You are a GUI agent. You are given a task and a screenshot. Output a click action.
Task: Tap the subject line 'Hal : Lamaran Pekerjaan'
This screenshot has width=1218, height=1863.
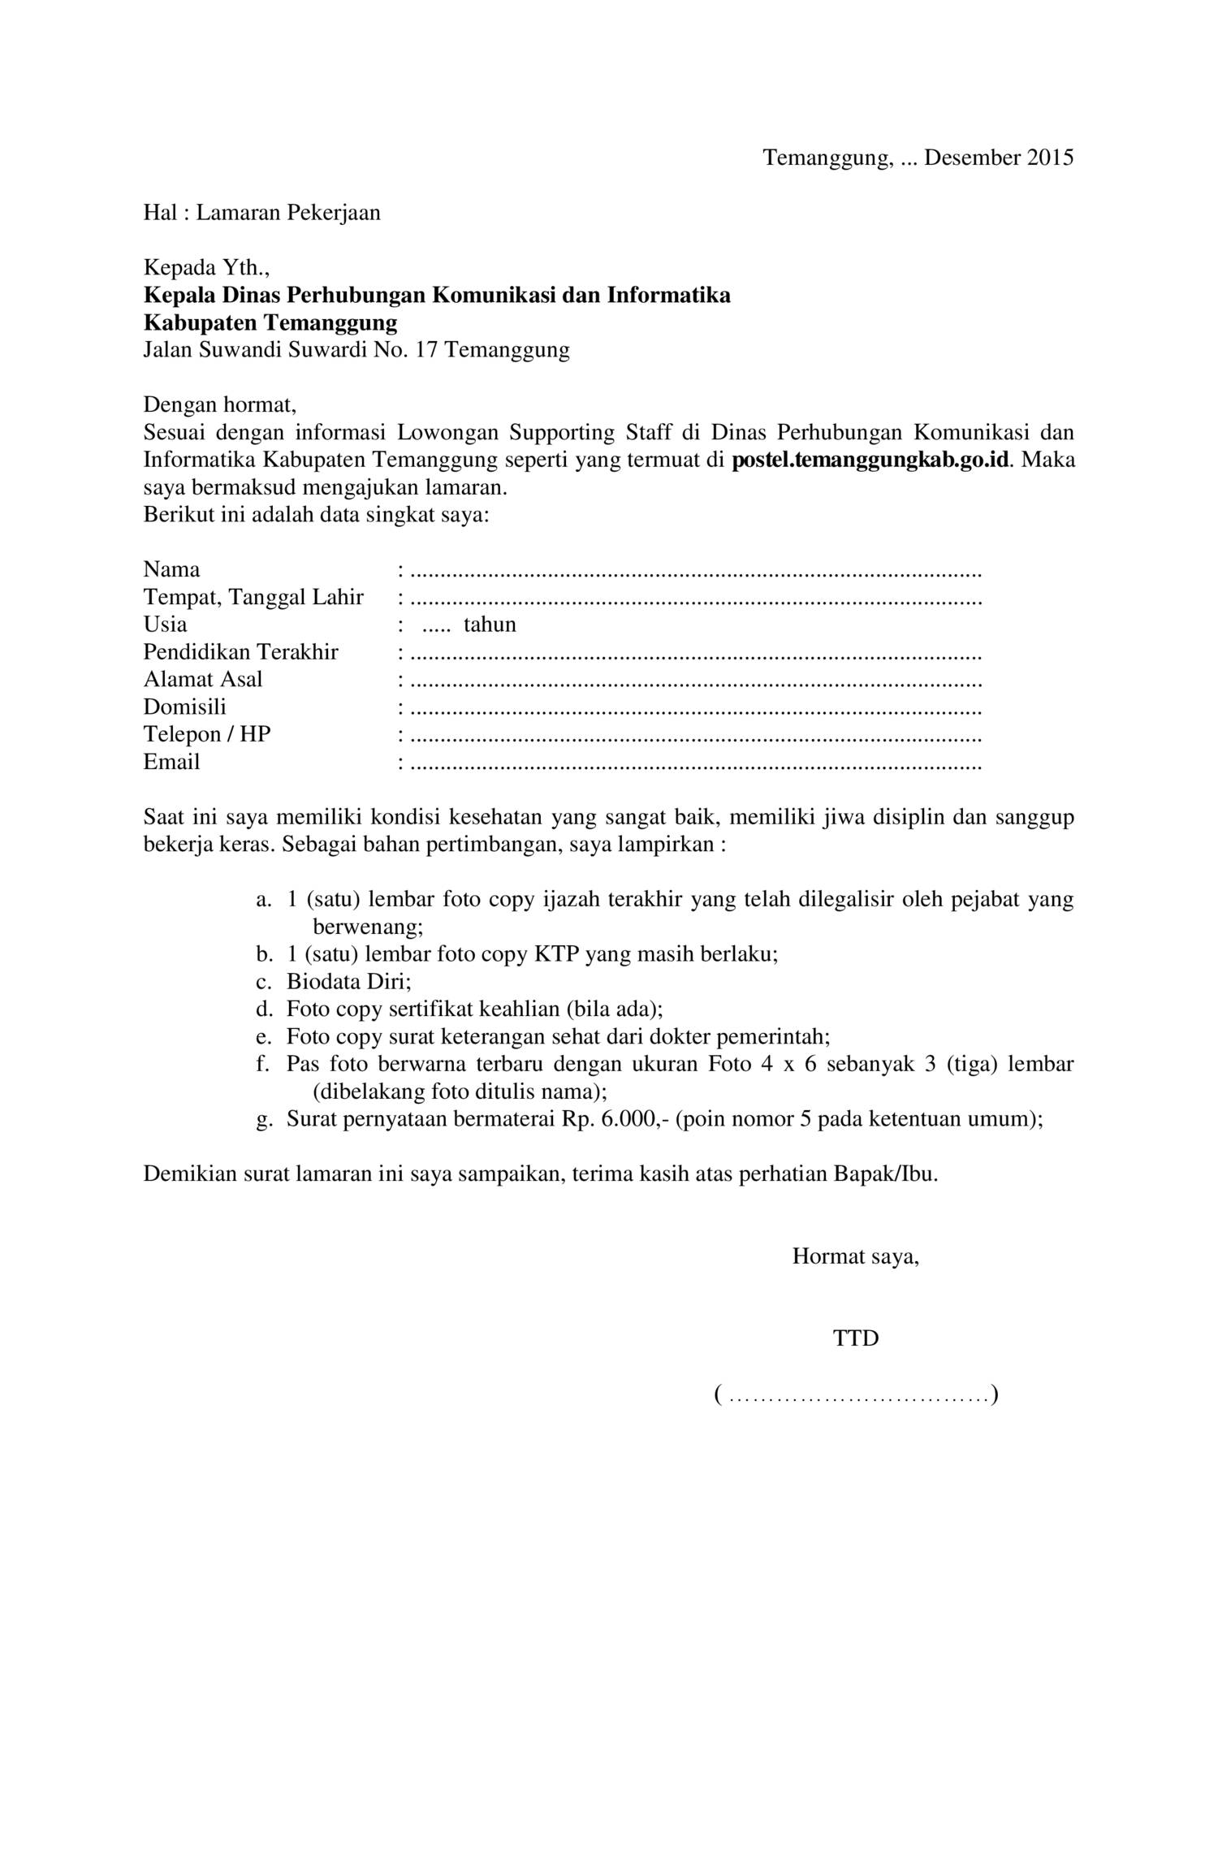tap(261, 213)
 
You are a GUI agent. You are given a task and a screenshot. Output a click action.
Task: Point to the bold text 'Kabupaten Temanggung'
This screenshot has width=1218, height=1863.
tap(270, 323)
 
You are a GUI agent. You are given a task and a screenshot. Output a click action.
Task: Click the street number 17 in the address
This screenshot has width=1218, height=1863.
tap(427, 350)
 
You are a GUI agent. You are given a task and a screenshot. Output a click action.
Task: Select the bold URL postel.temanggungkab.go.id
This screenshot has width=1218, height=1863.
tap(870, 460)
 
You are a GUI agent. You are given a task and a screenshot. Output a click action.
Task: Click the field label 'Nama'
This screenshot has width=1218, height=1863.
tap(171, 569)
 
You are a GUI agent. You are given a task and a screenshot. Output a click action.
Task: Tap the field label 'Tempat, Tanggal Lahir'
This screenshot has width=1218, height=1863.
tap(253, 598)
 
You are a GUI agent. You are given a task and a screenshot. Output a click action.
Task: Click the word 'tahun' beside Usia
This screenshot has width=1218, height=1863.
tap(490, 625)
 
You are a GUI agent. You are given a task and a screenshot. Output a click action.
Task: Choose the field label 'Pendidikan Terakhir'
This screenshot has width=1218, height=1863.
tap(240, 652)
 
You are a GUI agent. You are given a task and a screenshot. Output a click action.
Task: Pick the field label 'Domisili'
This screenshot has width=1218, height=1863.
tap(185, 707)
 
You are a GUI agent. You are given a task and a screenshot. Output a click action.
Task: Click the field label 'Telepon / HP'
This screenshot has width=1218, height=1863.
tap(207, 734)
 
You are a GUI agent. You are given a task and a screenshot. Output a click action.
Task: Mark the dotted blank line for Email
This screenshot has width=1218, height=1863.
tap(696, 764)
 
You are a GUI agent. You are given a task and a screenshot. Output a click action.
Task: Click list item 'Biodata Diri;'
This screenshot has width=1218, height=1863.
tap(349, 981)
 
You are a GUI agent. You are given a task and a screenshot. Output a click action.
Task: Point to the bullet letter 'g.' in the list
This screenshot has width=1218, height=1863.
tap(263, 1119)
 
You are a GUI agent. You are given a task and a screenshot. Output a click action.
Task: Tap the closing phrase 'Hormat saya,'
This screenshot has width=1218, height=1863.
tap(856, 1256)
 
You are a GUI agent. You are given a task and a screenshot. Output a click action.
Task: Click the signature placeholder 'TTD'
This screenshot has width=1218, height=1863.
tap(856, 1338)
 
